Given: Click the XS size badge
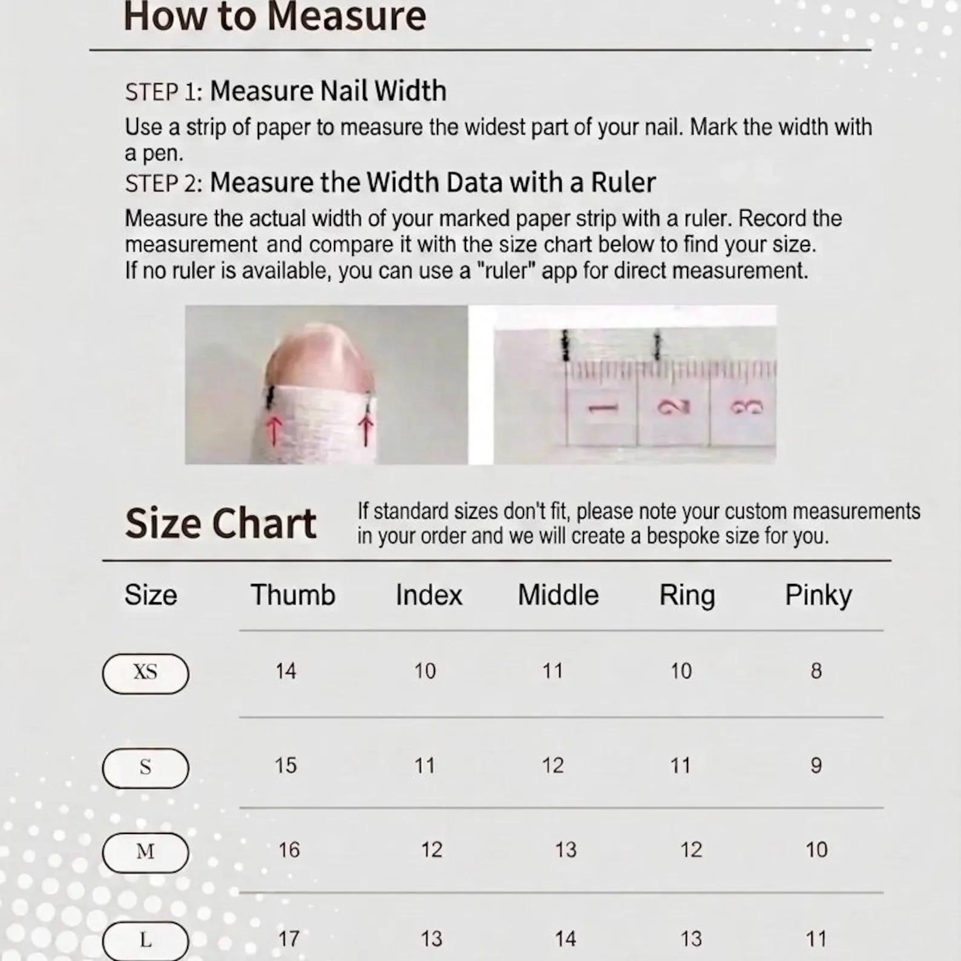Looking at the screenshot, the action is (x=145, y=673).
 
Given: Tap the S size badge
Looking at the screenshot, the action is (x=145, y=767).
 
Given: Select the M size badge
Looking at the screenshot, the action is (x=145, y=852).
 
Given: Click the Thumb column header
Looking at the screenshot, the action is (x=293, y=595).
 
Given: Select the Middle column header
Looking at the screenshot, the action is (x=558, y=595).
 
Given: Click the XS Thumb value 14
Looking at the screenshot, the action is (x=286, y=671).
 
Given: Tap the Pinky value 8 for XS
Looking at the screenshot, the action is (x=816, y=671).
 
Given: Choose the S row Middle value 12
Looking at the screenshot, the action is (x=553, y=766).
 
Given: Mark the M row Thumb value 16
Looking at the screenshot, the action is (x=289, y=850).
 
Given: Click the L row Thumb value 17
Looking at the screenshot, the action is (x=289, y=939).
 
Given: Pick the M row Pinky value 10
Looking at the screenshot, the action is (x=816, y=850).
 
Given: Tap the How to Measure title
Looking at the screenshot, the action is (x=275, y=16).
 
